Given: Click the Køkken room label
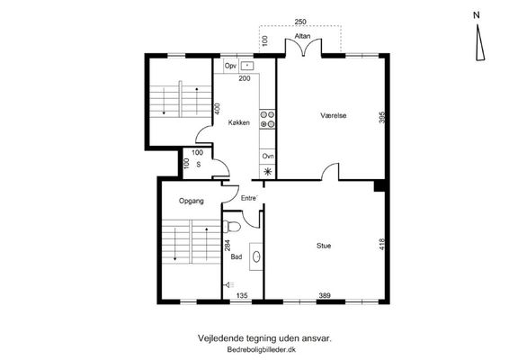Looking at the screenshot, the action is click(x=239, y=122).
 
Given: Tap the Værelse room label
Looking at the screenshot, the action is click(x=334, y=115).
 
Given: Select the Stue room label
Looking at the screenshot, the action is click(x=324, y=246).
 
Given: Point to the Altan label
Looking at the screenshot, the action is click(x=302, y=36).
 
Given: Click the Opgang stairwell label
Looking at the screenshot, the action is click(x=192, y=201).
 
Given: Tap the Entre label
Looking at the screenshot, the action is click(x=249, y=198).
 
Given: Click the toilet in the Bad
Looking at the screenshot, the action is click(x=232, y=227).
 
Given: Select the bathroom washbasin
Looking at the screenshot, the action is click(x=256, y=256).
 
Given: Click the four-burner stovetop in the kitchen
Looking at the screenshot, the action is click(x=267, y=119).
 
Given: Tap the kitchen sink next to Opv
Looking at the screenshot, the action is click(x=247, y=66).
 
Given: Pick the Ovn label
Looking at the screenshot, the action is click(x=268, y=157).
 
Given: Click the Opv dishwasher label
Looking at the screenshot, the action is click(x=230, y=66).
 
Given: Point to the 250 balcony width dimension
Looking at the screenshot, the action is click(x=300, y=22).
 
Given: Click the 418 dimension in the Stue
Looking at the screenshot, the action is click(x=381, y=244).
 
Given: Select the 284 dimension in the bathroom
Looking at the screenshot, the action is click(x=228, y=246).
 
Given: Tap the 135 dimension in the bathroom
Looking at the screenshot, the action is click(x=242, y=295).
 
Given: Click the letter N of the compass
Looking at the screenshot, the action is click(x=477, y=15).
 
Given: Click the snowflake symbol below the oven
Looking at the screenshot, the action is click(x=268, y=172).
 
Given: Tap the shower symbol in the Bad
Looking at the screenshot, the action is click(x=230, y=285).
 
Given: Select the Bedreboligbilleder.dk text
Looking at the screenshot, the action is click(x=262, y=350).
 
